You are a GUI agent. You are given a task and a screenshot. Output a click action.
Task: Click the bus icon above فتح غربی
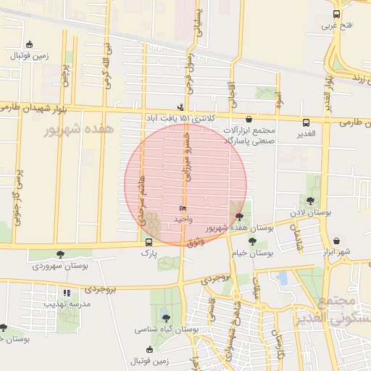point(335,14)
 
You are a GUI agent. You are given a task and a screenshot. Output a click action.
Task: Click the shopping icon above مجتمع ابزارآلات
point(249,119)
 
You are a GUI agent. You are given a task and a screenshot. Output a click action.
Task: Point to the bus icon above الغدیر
point(307,122)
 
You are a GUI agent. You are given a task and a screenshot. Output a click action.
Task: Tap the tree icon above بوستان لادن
point(310,200)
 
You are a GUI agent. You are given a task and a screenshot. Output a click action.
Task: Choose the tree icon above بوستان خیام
point(252,241)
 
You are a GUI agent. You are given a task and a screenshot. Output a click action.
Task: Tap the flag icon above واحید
point(182,207)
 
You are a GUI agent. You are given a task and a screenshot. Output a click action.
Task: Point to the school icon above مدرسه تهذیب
point(66,293)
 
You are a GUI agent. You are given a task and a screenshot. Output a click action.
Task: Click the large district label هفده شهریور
point(80,130)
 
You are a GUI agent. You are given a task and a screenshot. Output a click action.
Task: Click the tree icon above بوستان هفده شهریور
point(240,215)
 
